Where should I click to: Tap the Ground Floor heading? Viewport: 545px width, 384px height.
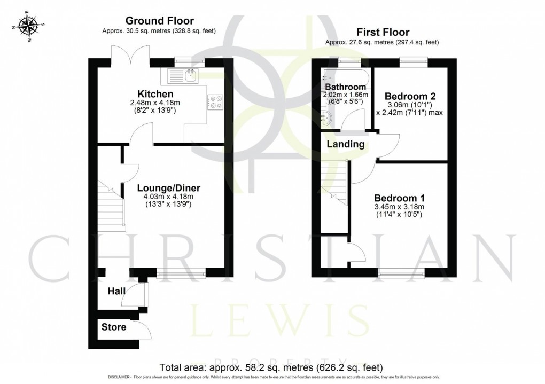point(159,21)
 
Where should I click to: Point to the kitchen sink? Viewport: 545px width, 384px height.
point(190,76)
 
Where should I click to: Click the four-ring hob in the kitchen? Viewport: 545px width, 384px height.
point(216,101)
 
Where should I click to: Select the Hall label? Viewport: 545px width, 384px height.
point(116,291)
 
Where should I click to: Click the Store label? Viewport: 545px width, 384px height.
point(114,327)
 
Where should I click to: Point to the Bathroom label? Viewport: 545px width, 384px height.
point(346,87)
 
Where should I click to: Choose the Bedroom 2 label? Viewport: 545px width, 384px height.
point(410,96)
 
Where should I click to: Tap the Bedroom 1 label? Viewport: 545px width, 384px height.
point(399,197)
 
